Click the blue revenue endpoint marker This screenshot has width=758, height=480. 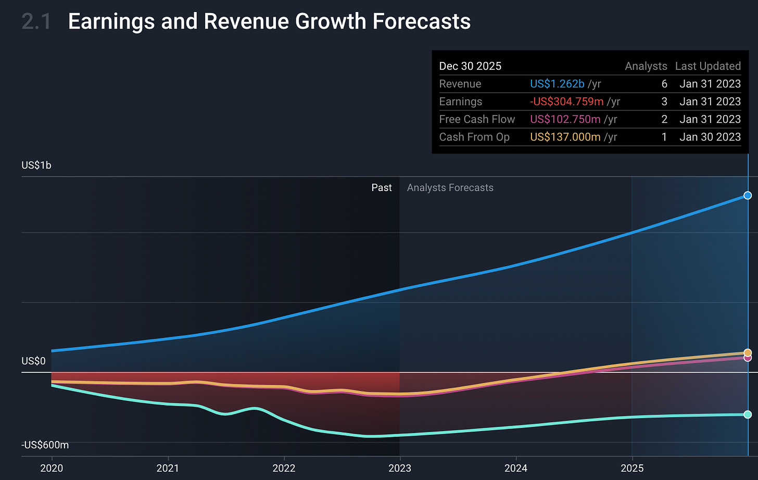pos(748,195)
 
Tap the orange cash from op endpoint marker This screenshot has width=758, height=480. pos(748,352)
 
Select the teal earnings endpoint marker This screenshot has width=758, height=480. pos(748,414)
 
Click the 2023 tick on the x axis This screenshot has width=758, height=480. pos(400,468)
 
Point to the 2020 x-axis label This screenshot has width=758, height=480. pos(52,468)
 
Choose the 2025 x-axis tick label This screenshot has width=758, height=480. pos(632,468)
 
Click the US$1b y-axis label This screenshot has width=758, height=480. pos(36,166)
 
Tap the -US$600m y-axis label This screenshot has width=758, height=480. pos(45,445)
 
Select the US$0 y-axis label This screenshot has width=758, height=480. pos(33,361)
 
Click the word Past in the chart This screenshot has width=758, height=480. pos(382,188)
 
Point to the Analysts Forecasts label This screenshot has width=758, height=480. pos(450,188)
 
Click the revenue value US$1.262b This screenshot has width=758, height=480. pos(557,84)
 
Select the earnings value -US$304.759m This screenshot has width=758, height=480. pos(566,102)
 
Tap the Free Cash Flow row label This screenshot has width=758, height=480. pos(477,119)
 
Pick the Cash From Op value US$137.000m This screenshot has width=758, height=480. pos(565,137)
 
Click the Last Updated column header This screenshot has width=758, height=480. pos(708,66)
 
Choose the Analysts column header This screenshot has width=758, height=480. pos(646,66)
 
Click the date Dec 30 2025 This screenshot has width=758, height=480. pos(470,66)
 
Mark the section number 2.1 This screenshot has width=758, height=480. pos(36,22)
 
